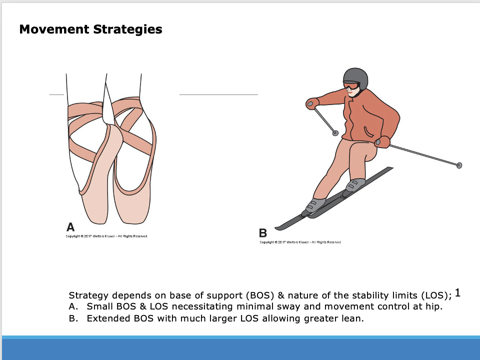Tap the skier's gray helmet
pyautogui.click(x=355, y=77)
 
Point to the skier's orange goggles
pyautogui.click(x=351, y=86)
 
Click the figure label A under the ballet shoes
pyautogui.click(x=70, y=226)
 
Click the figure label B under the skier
pyautogui.click(x=263, y=233)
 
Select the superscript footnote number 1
pyautogui.click(x=458, y=293)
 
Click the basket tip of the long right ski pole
pyautogui.click(x=459, y=165)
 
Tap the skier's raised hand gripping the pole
pyautogui.click(x=312, y=103)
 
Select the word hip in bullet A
pyautogui.click(x=435, y=306)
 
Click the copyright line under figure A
pyautogui.click(x=106, y=236)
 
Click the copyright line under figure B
pyautogui.click(x=300, y=242)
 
